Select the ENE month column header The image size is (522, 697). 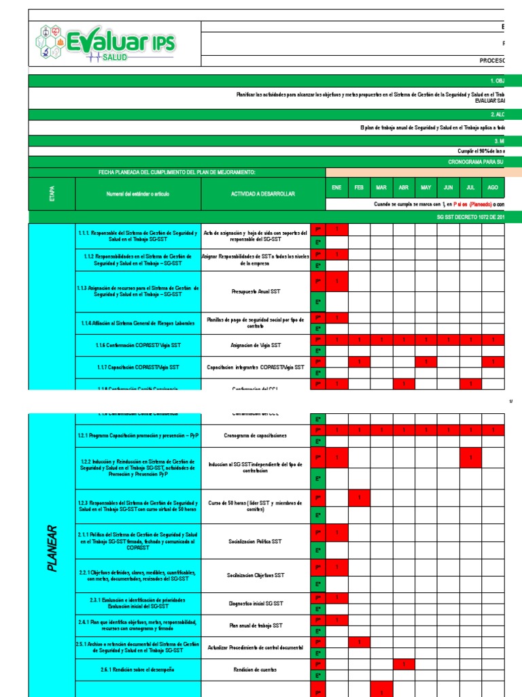337,187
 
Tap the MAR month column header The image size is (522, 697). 381,187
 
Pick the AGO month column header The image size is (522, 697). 493,187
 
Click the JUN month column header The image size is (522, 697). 448,187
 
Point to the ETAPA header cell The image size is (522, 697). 52,194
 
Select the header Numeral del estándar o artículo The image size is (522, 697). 139,194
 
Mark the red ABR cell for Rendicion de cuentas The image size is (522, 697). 404,664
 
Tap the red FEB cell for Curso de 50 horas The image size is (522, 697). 359,498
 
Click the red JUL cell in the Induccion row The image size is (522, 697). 470,457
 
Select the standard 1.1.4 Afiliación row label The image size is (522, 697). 139,323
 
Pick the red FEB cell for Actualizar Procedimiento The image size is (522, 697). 359,642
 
